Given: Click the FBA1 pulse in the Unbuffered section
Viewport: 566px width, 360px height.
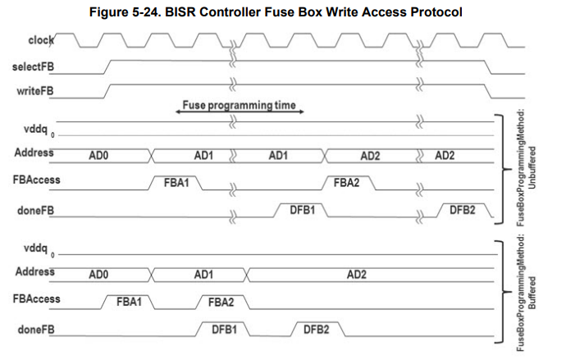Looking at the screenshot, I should [x=177, y=181].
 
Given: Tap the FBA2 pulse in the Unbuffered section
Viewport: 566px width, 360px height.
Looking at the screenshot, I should [x=346, y=181].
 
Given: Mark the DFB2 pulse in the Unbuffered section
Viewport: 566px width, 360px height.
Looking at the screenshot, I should [x=462, y=210].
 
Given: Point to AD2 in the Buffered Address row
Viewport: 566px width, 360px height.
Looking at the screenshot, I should [x=356, y=274].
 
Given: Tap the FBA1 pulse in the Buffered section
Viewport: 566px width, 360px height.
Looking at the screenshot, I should [x=129, y=302].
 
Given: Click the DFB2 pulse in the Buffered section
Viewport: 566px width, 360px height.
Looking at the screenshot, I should [x=316, y=330].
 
